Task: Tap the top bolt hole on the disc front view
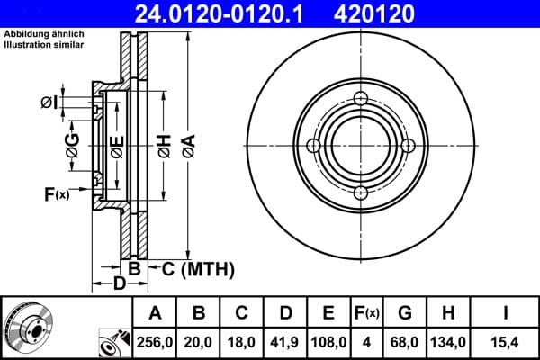coord(361,98)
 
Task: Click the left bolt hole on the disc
coord(314,146)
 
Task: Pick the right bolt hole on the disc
coord(408,146)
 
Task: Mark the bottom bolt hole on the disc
coord(361,193)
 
